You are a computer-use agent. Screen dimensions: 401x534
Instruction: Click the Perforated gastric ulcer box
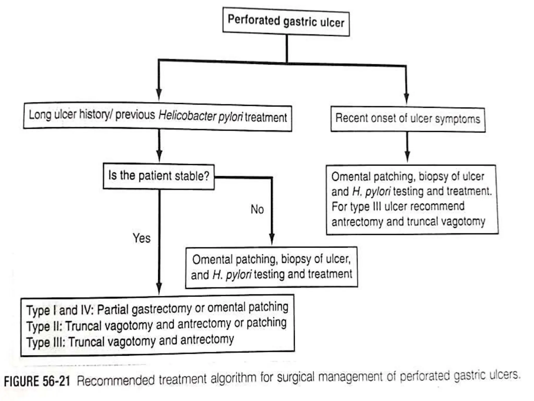click(x=286, y=21)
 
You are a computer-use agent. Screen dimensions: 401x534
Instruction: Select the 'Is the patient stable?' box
click(x=159, y=176)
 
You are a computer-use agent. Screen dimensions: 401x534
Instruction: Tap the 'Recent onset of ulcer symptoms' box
click(x=408, y=119)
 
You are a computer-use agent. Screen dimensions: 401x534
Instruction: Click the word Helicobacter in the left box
click(x=187, y=116)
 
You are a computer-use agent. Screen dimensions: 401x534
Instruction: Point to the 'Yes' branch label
click(x=141, y=238)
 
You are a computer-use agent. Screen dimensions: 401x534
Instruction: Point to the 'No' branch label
click(x=257, y=209)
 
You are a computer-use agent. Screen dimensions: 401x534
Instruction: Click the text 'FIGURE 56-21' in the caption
click(x=37, y=381)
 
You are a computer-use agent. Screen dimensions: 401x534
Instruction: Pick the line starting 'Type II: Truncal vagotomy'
click(x=156, y=325)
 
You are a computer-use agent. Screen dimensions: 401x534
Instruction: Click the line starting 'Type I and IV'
click(x=157, y=309)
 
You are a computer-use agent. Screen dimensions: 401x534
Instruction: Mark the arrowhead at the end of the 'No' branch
click(x=272, y=238)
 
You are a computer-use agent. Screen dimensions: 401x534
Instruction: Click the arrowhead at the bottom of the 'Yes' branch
click(x=159, y=288)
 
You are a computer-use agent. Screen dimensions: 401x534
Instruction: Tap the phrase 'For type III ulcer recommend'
click(x=398, y=206)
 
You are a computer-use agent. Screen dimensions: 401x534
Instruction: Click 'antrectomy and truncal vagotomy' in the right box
click(x=408, y=222)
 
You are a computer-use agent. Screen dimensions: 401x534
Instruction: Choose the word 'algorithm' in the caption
click(x=233, y=378)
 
